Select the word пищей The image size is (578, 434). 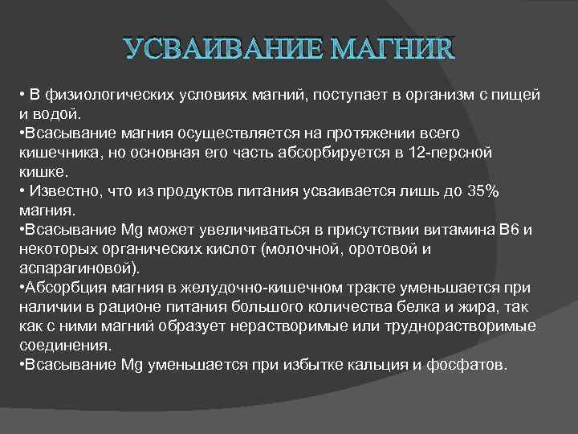point(518,96)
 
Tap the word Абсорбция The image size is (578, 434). point(59,288)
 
